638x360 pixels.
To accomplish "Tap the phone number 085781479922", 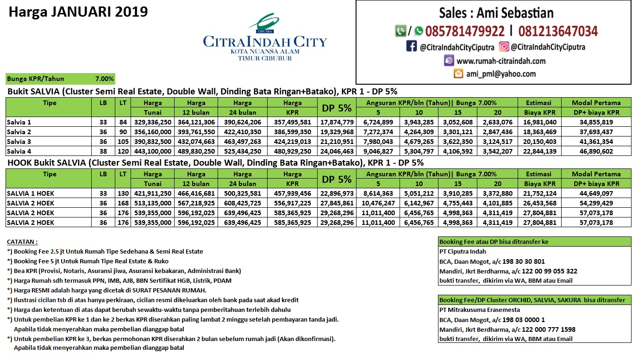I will pyautogui.click(x=465, y=31).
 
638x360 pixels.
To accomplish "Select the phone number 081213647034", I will pyautogui.click(x=558, y=31).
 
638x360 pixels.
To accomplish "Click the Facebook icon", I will pyautogui.click(x=411, y=46).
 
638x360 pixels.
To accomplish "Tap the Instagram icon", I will pyautogui.click(x=504, y=46).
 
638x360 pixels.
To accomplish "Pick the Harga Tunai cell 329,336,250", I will pyautogui.click(x=152, y=122).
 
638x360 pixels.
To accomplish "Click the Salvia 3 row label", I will pyautogui.click(x=19, y=142).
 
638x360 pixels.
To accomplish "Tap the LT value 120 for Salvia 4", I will pyautogui.click(x=122, y=151).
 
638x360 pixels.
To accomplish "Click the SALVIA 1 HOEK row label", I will pyautogui.click(x=31, y=193).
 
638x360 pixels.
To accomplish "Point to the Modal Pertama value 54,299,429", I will pyautogui.click(x=595, y=203).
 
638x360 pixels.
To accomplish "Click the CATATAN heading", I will pyautogui.click(x=22, y=242).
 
